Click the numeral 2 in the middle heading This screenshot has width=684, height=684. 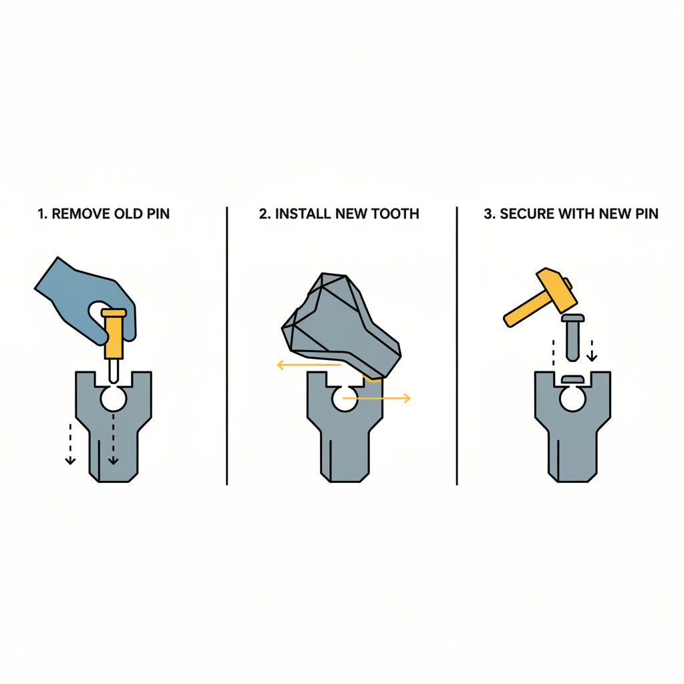pyautogui.click(x=263, y=214)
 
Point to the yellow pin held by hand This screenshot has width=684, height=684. pyautogui.click(x=113, y=334)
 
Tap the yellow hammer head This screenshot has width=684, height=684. pyautogui.click(x=556, y=288)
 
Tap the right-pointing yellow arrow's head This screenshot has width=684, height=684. pyautogui.click(x=406, y=399)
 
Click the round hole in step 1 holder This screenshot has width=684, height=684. pyautogui.click(x=113, y=399)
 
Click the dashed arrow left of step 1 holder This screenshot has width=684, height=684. pyautogui.click(x=69, y=441)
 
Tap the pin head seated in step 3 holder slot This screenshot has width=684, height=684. pyautogui.click(x=573, y=379)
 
